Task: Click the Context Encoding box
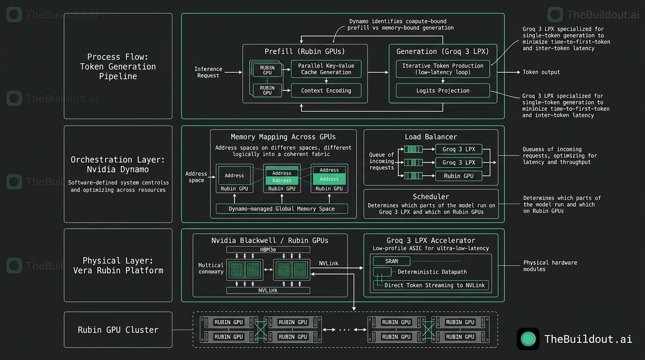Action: pos(326,90)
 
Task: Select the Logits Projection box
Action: pos(442,90)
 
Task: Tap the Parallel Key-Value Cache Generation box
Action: pos(326,69)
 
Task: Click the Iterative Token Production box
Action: pos(442,69)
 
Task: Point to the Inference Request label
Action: pos(208,72)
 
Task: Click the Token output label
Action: pos(541,72)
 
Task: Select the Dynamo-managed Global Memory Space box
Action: pos(282,209)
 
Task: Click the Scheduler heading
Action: pos(431,197)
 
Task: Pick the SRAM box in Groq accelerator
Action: pos(391,261)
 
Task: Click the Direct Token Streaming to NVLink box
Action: pos(431,285)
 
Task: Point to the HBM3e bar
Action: pos(268,250)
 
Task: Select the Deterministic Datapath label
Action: pos(432,272)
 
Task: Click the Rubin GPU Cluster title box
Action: pos(118,330)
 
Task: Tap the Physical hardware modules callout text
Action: pos(550,266)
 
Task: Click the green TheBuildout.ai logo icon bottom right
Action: pos(528,339)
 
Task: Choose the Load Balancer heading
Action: pos(431,137)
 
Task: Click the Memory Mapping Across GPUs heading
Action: pos(283,137)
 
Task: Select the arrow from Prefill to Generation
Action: pos(378,72)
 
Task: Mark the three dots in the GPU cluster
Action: pos(345,330)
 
